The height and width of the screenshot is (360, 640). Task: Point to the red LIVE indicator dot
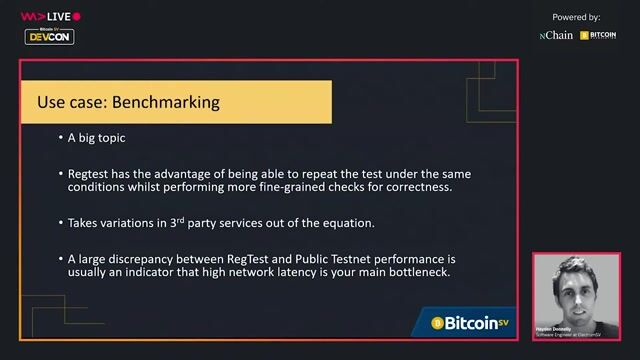[x=77, y=17]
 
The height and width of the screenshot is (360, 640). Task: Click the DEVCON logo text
[x=50, y=37]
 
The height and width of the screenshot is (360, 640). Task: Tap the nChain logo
[x=556, y=35]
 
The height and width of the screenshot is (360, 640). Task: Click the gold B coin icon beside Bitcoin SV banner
[x=437, y=322]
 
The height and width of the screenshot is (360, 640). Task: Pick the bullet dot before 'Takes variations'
[x=59, y=222]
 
